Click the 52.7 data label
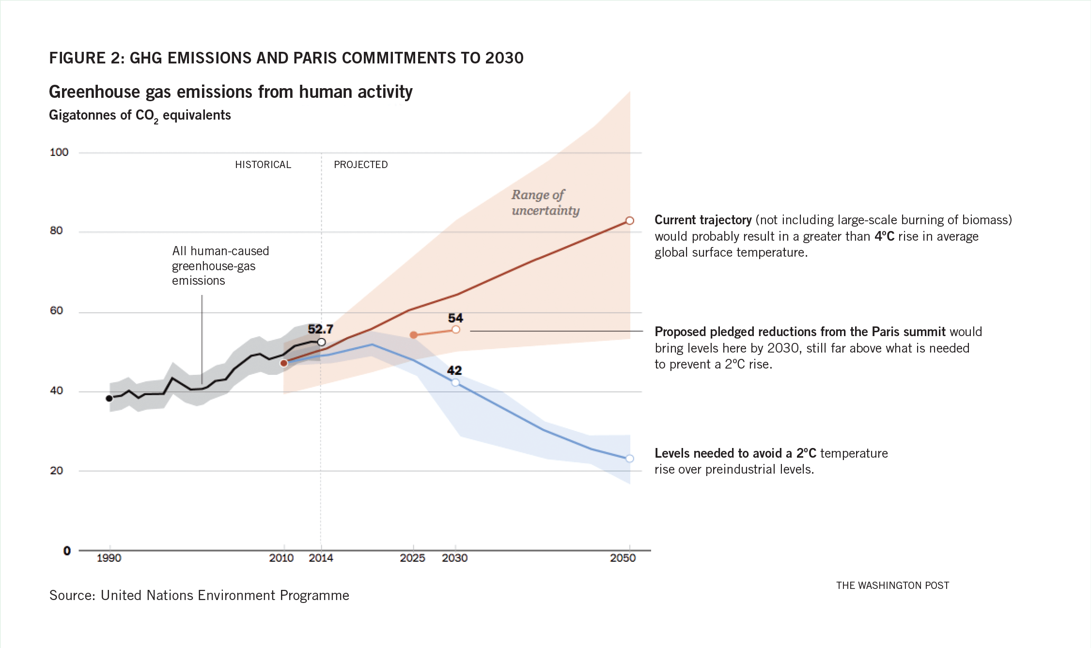[320, 329]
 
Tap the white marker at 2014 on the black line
[321, 342]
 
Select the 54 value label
[455, 318]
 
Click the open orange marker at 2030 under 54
[456, 330]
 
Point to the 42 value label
[454, 370]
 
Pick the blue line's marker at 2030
[455, 383]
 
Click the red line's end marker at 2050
[630, 221]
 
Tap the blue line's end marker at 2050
[630, 459]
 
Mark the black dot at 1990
[109, 398]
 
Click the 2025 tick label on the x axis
[412, 558]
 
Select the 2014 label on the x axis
[321, 558]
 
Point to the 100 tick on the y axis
[59, 153]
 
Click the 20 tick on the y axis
[57, 471]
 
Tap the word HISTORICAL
[263, 165]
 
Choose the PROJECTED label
[361, 165]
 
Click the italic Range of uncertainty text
[545, 202]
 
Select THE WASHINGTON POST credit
[892, 586]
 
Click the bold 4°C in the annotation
[884, 236]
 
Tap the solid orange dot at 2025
[414, 335]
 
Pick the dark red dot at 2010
[284, 363]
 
